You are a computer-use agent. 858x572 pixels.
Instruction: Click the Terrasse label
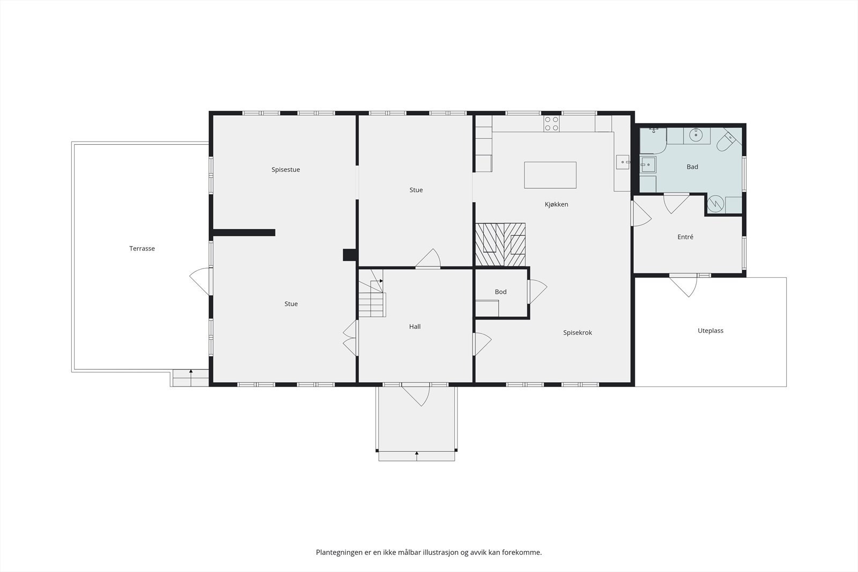[x=142, y=249]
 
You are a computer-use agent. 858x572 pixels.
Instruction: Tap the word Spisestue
[x=286, y=169]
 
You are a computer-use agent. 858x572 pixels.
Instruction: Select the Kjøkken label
[x=556, y=204]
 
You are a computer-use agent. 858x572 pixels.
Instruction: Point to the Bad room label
[x=692, y=167]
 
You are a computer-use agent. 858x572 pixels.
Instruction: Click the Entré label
[x=685, y=237]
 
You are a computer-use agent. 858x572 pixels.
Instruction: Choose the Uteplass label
[x=711, y=331]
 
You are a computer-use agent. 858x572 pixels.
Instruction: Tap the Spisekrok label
[x=578, y=333]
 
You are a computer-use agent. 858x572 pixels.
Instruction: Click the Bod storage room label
[x=501, y=292]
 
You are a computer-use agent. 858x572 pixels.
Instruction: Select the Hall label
[x=415, y=326]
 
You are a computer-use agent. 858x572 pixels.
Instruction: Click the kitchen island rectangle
[x=550, y=175]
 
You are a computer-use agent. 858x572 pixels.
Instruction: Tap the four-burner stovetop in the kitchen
[x=552, y=123]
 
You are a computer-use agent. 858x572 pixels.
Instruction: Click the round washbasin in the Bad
[x=696, y=135]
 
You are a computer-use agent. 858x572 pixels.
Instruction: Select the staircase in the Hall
[x=372, y=293]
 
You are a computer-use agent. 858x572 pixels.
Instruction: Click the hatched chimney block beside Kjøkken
[x=500, y=244]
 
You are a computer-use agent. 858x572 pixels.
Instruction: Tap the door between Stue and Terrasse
[x=201, y=281]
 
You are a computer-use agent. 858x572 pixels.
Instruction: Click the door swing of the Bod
[x=537, y=292]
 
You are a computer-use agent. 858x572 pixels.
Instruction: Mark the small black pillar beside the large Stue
[x=350, y=255]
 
